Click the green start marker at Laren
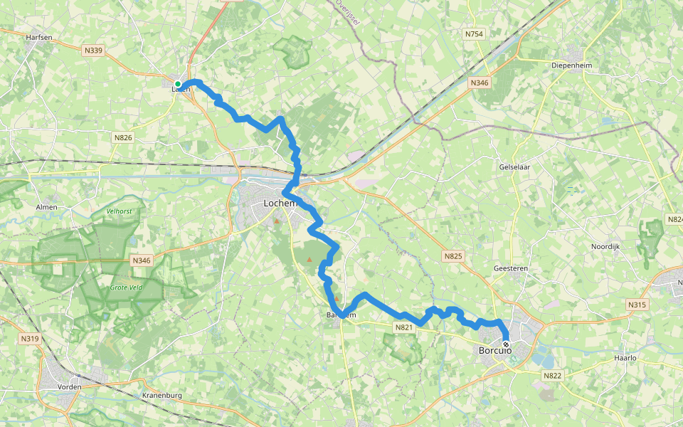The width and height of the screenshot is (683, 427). pyautogui.click(x=178, y=84)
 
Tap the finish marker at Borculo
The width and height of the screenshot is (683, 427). pyautogui.click(x=506, y=344)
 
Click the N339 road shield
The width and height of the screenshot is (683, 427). pyautogui.click(x=93, y=50)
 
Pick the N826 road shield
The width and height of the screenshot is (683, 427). pyautogui.click(x=124, y=137)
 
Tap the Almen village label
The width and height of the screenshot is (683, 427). pyautogui.click(x=46, y=207)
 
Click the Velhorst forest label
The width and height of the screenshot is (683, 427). pyautogui.click(x=120, y=211)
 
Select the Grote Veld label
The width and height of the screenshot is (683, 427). pyautogui.click(x=126, y=288)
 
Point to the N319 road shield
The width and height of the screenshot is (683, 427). pyautogui.click(x=30, y=338)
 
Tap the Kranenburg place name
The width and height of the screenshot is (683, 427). pyautogui.click(x=163, y=395)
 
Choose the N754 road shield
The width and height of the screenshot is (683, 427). pyautogui.click(x=474, y=33)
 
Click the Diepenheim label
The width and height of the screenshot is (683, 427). pyautogui.click(x=572, y=65)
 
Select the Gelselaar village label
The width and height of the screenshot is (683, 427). pyautogui.click(x=515, y=167)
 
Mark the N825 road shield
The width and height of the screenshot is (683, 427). pyautogui.click(x=452, y=255)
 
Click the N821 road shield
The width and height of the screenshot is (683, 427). pyautogui.click(x=403, y=327)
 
